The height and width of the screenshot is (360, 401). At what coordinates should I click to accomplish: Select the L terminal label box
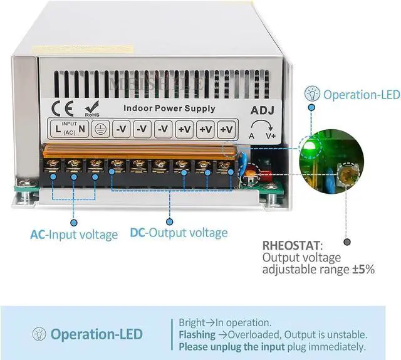coord(57,129)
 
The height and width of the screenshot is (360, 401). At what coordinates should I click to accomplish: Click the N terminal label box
coord(82,129)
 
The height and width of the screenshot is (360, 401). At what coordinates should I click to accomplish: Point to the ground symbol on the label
coord(100,129)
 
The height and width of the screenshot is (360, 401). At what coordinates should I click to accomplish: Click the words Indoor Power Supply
coord(169,108)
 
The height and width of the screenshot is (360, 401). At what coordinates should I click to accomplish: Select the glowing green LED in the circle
coord(308,147)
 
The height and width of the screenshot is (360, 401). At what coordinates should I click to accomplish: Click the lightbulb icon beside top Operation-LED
coord(310,95)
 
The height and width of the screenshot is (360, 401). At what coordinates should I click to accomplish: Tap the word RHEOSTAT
coord(291,245)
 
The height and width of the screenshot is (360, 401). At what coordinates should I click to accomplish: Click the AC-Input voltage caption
coord(74,235)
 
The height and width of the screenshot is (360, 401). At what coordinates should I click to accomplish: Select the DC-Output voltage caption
coord(179,233)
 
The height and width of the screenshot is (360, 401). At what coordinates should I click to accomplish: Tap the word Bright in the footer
coord(192,323)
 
